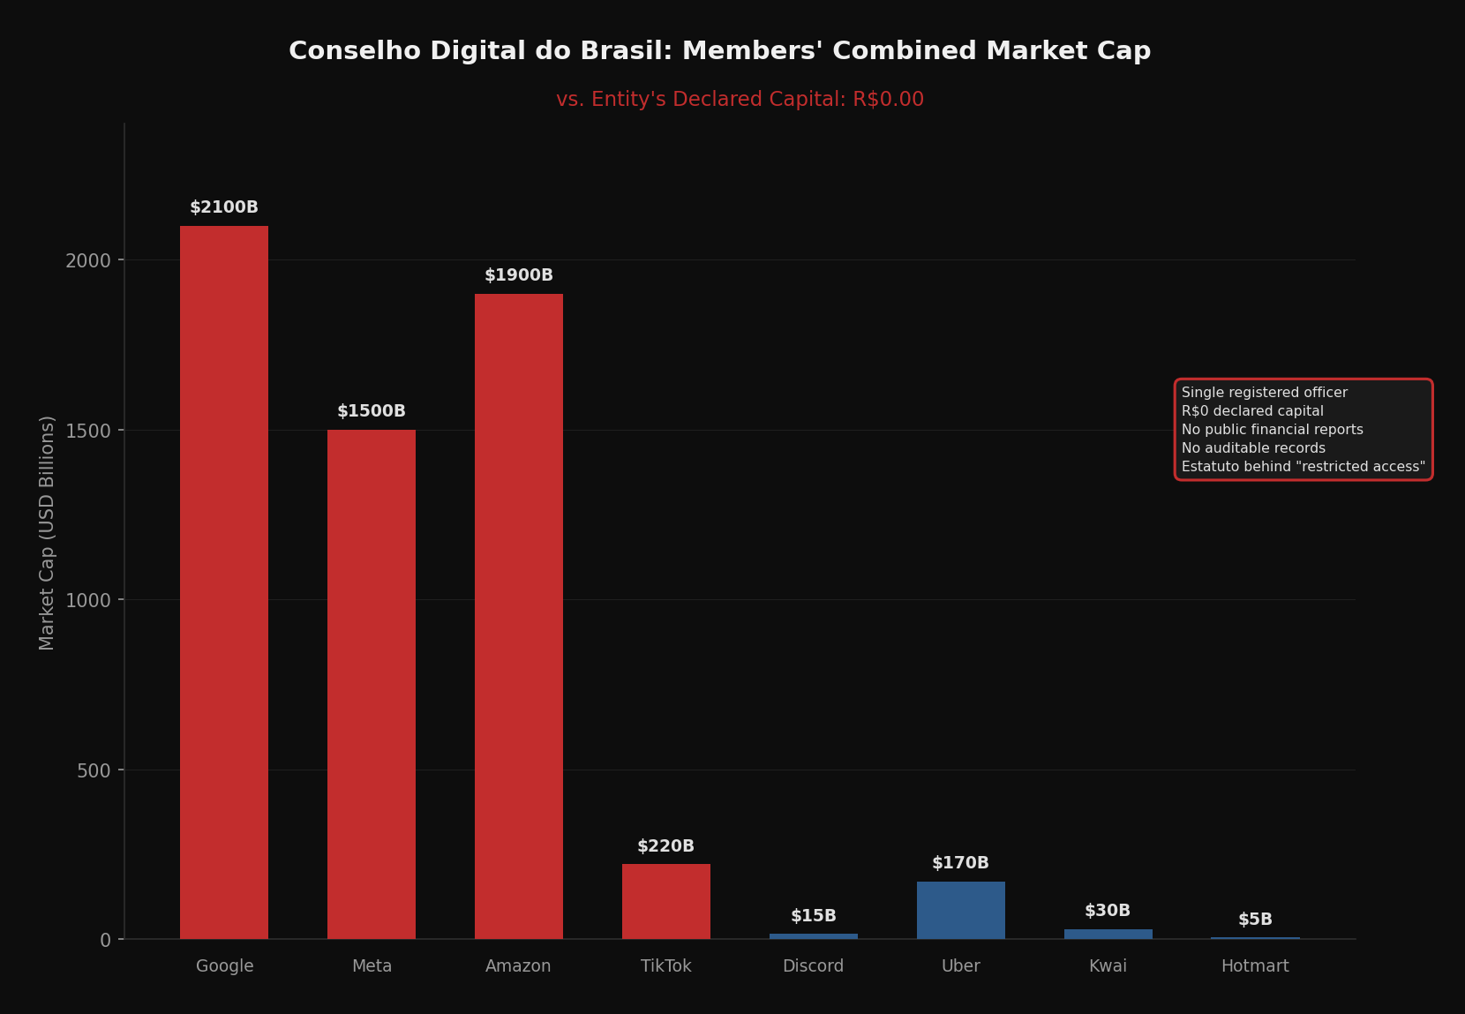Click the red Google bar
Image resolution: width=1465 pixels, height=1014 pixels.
224,582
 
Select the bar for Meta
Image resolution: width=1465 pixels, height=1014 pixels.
372,684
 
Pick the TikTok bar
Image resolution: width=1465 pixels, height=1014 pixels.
666,901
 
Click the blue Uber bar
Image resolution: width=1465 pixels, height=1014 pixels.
960,910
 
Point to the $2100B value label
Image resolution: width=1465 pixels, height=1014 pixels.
224,207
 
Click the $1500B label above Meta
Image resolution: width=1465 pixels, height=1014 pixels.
372,411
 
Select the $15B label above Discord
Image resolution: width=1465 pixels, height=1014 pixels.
813,916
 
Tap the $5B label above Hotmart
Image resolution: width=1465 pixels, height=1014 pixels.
1255,920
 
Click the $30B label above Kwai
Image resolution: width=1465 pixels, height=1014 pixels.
1108,911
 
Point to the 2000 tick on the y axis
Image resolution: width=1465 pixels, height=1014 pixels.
88,260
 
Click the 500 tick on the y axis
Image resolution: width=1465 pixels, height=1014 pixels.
94,770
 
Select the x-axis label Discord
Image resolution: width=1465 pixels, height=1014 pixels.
813,966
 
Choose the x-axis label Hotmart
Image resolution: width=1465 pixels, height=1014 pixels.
1255,966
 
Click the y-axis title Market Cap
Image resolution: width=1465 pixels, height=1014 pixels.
48,532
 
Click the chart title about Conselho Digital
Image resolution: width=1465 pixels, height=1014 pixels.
719,51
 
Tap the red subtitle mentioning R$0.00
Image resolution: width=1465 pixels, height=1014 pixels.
740,100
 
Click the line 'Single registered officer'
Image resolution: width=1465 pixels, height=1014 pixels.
1264,393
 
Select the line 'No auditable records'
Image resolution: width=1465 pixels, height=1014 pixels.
1253,448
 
